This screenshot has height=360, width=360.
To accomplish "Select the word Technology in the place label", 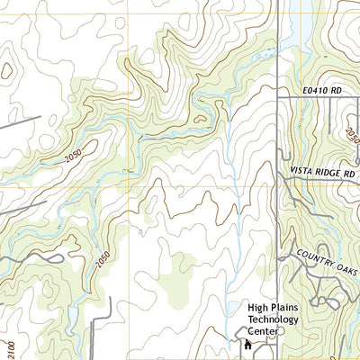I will click(x=278, y=319).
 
